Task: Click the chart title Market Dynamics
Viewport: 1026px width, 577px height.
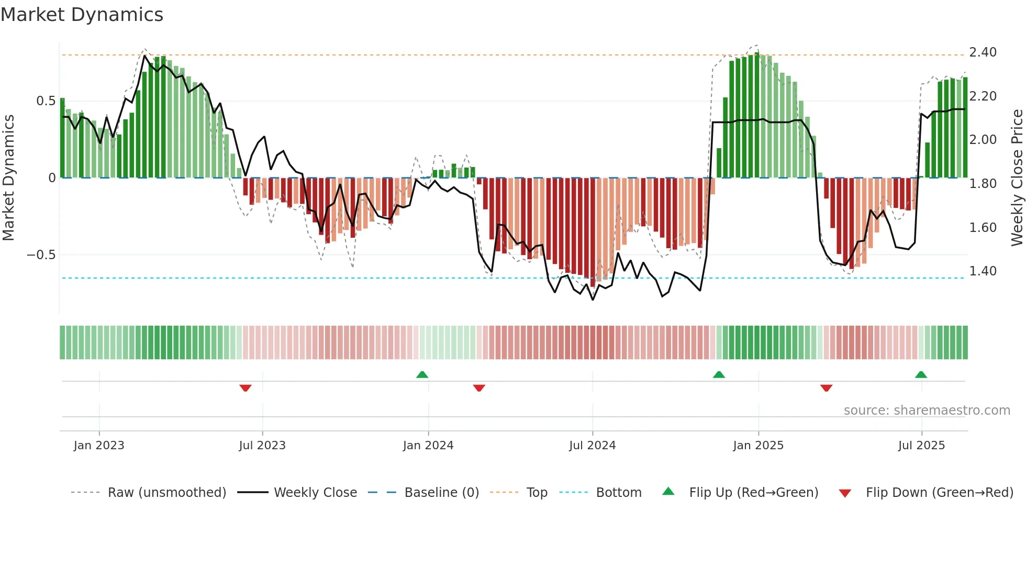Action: [82, 15]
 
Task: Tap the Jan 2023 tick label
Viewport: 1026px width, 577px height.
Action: [99, 446]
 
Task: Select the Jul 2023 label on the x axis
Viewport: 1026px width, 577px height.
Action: [262, 446]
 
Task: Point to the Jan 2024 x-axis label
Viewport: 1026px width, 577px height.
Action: [428, 446]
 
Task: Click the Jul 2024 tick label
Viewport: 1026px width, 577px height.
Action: [592, 446]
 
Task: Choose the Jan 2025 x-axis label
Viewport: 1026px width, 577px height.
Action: [758, 446]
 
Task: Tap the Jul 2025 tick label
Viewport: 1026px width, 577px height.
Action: [921, 446]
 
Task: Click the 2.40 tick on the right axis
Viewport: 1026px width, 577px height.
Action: [983, 52]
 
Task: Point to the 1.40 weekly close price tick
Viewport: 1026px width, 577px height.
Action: [983, 271]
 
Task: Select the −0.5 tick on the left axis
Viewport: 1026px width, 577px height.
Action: [41, 255]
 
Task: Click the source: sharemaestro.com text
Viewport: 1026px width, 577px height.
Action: [927, 410]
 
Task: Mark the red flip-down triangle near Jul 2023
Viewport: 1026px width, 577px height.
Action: [246, 388]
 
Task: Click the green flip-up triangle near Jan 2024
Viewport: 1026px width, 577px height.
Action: [422, 374]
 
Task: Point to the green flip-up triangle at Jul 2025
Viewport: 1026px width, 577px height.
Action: [921, 374]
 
